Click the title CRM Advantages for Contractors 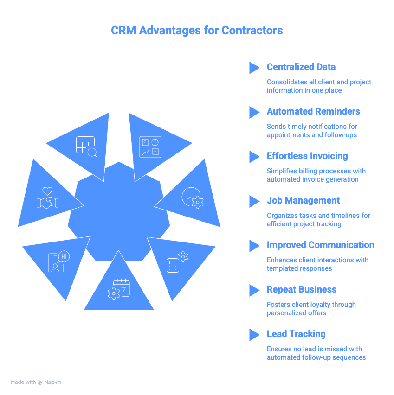[197, 31]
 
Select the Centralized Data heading [301, 67]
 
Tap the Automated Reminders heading [313, 111]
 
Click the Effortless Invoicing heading [307, 156]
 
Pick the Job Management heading [303, 200]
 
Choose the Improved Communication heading [320, 245]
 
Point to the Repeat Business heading [301, 289]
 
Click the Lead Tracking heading [296, 334]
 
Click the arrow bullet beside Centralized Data [254, 68]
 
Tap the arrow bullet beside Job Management [254, 201]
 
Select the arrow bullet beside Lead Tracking [254, 335]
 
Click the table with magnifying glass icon [86, 147]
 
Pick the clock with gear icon [192, 197]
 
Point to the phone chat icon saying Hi [58, 262]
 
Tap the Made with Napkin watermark [36, 382]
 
